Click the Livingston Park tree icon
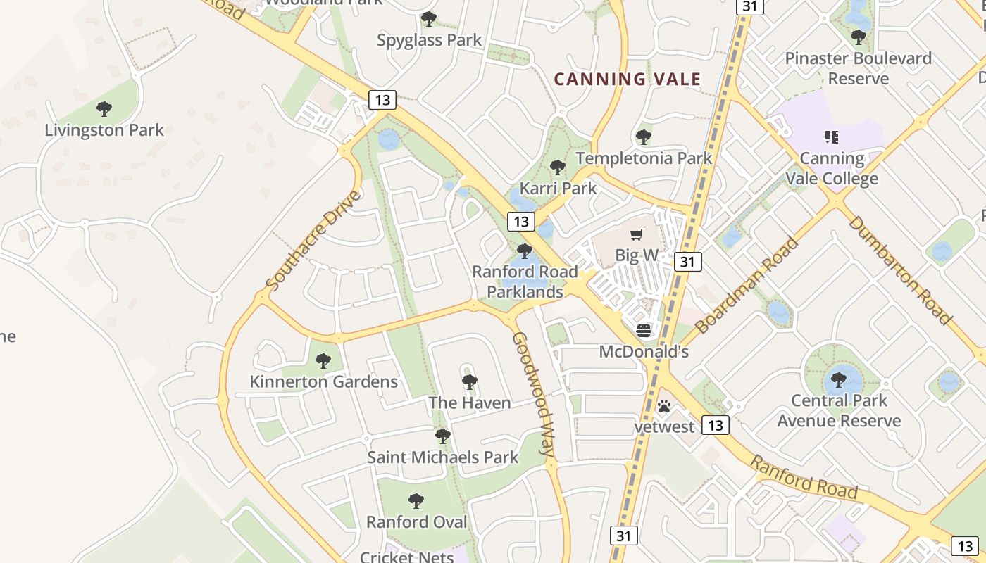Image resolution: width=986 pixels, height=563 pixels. click(104, 109)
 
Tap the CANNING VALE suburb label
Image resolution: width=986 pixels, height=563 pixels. click(627, 79)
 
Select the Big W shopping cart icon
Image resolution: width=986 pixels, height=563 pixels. click(637, 235)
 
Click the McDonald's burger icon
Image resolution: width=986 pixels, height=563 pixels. click(644, 330)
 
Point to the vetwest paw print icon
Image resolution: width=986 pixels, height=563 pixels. click(663, 406)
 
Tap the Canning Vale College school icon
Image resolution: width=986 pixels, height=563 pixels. click(832, 137)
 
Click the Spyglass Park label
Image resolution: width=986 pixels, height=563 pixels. click(429, 40)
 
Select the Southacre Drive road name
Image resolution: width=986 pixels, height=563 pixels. click(313, 240)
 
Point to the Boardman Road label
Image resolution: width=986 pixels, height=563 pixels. click(747, 285)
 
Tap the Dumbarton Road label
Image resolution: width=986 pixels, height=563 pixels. click(899, 270)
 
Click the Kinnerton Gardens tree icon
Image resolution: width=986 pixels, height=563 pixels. click(323, 361)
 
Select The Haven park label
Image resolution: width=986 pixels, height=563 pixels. click(470, 403)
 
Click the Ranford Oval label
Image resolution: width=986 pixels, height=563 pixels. click(416, 521)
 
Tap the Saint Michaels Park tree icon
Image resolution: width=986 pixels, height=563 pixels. click(442, 436)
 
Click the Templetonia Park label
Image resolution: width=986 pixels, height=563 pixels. click(644, 158)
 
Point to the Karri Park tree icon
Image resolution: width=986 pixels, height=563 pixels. click(557, 167)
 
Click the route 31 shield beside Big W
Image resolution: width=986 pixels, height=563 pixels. click(687, 262)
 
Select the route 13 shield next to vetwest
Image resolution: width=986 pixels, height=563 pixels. click(716, 425)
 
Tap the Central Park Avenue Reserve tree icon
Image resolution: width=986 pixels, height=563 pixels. click(838, 380)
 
